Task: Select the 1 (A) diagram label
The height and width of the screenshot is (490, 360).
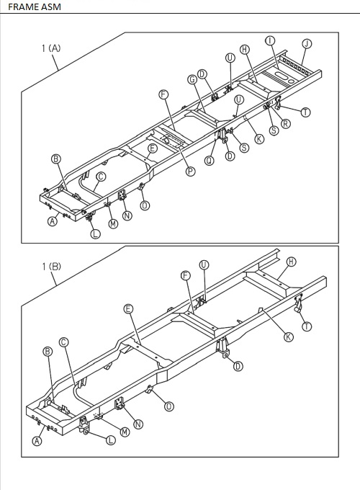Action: point(51,48)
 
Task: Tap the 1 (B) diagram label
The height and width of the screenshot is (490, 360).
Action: point(51,267)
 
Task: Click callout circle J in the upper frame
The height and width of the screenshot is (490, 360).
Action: point(307,44)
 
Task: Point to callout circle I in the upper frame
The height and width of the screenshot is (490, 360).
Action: point(269,40)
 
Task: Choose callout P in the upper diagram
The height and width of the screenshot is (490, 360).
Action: point(191,171)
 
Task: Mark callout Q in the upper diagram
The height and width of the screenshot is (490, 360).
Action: point(210,161)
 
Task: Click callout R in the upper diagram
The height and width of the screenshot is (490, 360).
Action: point(286,123)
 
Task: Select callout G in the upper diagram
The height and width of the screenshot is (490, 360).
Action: point(192,79)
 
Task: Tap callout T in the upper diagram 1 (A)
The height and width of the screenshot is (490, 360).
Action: point(306,112)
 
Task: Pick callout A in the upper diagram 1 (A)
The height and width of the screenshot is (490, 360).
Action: point(53,222)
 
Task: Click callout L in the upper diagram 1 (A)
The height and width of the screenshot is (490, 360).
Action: point(95,233)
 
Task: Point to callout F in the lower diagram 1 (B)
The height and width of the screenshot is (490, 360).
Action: point(186,275)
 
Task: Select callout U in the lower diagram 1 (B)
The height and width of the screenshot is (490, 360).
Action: point(204,265)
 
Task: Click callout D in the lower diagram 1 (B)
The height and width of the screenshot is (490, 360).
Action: point(238,366)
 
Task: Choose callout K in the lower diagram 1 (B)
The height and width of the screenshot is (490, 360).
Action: point(288,337)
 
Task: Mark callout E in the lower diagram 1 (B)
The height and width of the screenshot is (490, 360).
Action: point(129,308)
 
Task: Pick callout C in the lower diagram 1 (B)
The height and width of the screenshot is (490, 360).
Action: point(63,342)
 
